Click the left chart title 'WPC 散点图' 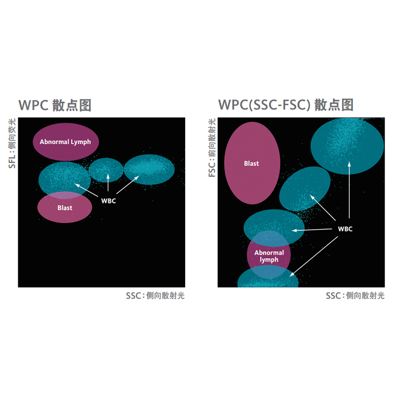(x=55, y=105)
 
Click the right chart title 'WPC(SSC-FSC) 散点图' (x=286, y=105)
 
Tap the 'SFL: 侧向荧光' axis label (x=12, y=144)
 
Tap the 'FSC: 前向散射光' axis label (x=212, y=148)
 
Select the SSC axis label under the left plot (x=155, y=296)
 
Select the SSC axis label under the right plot (x=355, y=296)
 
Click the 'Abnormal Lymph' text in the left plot (x=65, y=142)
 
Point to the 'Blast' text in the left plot (x=65, y=208)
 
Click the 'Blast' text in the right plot (x=251, y=163)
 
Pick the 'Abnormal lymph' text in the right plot (x=269, y=256)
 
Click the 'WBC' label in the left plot (x=109, y=201)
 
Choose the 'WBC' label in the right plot (x=345, y=229)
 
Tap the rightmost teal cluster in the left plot (x=149, y=169)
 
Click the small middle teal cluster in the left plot (x=106, y=169)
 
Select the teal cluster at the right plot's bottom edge (x=268, y=280)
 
